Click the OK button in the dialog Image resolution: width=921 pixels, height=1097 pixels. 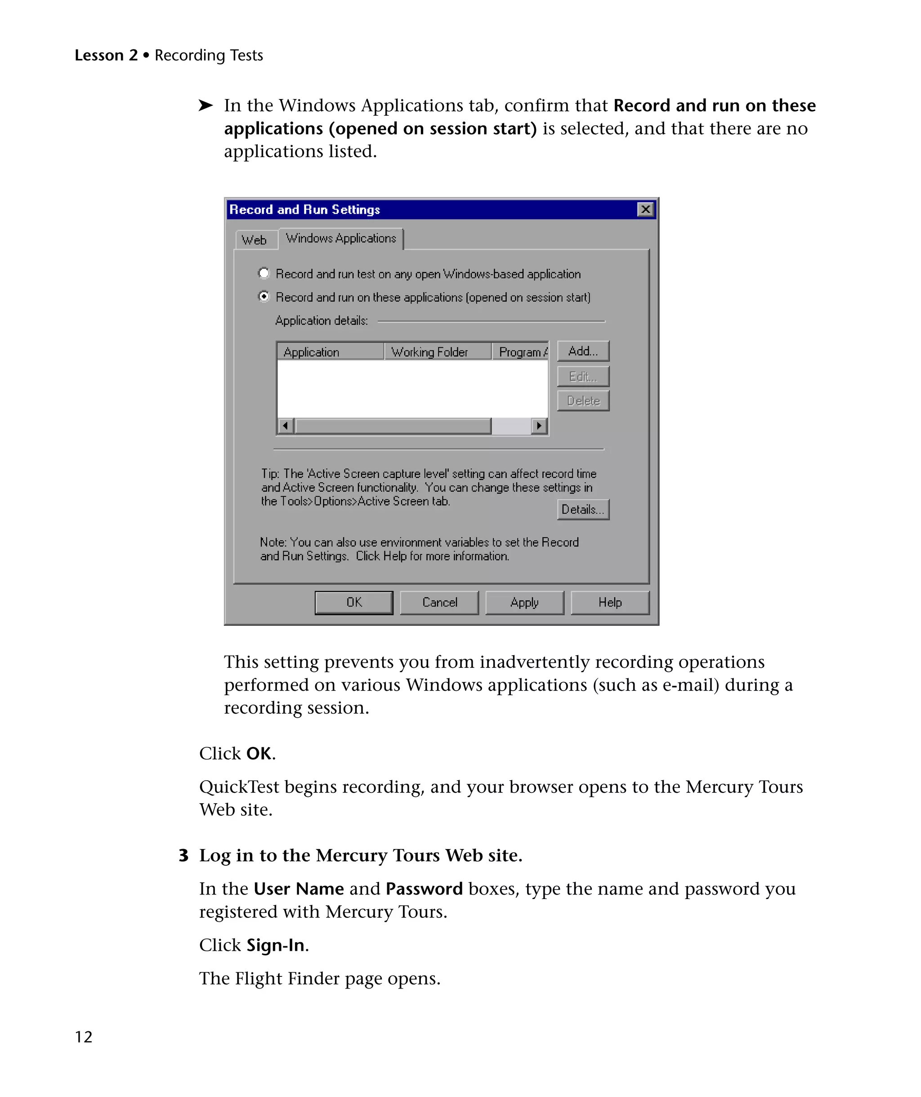(353, 602)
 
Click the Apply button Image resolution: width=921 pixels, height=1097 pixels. (524, 602)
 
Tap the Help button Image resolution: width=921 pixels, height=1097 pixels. (610, 602)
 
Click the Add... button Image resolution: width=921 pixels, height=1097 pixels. (583, 351)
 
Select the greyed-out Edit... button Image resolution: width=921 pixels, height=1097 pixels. (583, 376)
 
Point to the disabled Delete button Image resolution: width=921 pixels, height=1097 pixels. (583, 400)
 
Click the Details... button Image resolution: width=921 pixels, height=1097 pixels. (583, 509)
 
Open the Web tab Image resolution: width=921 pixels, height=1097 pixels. (254, 240)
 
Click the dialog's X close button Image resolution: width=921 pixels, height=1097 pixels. (645, 210)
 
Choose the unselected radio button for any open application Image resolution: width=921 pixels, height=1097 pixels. (264, 273)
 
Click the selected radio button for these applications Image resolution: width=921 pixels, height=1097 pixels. (264, 297)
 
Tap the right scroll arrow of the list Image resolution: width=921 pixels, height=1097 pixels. (539, 426)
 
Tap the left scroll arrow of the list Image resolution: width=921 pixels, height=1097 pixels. (285, 426)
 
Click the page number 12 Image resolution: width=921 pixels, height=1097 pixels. (84, 1037)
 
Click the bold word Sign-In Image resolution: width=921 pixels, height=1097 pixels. (276, 945)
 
